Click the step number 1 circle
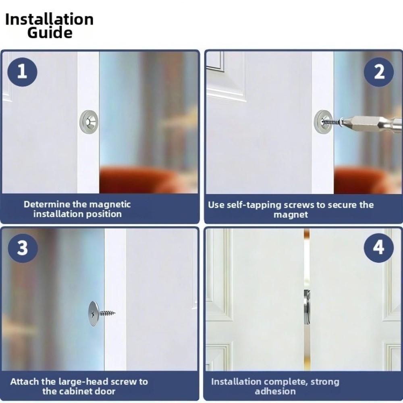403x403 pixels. (22, 72)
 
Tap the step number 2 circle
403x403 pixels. (379, 72)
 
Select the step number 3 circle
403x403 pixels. (22, 248)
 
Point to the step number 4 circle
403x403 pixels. (379, 247)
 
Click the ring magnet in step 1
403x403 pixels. (89, 120)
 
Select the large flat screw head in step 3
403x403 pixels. (93, 313)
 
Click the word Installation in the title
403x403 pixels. (49, 19)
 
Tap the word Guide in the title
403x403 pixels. (50, 33)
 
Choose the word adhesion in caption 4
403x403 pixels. (275, 391)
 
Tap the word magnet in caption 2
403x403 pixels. (291, 215)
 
